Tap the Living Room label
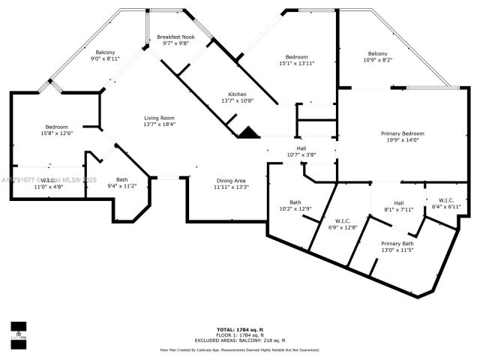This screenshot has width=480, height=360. coord(160,118)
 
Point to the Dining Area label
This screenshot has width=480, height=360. coord(231,181)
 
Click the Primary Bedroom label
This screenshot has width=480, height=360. coord(402,133)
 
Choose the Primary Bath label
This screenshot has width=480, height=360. coord(397,244)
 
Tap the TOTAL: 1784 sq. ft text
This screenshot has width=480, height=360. coord(240,329)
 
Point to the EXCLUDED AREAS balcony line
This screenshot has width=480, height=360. coord(240,340)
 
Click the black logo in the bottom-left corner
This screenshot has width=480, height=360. coord(18,331)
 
